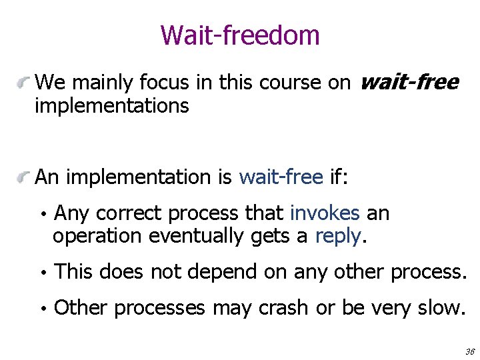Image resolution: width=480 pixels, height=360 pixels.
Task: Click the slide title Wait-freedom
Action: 240,35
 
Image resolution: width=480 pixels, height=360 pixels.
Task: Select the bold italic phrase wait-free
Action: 409,82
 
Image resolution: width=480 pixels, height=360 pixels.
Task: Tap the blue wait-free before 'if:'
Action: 281,177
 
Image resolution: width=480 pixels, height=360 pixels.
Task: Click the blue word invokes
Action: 325,213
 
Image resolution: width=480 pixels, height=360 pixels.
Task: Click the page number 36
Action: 469,351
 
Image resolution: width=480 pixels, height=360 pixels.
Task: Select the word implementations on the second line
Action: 111,105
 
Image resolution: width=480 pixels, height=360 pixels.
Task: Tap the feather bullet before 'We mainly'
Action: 25,83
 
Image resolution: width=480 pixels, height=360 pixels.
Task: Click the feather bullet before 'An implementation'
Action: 25,178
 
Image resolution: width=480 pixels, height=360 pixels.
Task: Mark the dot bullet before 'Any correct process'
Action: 42,215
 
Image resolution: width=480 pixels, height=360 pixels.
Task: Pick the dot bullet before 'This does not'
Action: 42,273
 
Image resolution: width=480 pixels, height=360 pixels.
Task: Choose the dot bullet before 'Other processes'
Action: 42,309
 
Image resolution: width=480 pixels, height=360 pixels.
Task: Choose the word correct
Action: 130,213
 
